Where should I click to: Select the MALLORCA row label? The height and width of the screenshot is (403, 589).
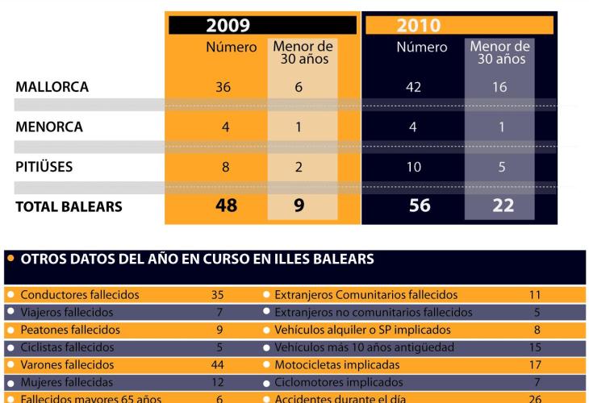[51, 87]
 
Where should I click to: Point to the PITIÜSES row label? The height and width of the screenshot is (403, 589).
[47, 168]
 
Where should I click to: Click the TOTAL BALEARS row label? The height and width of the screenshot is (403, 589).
[69, 206]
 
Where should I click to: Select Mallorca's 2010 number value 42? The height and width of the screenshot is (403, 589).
[413, 87]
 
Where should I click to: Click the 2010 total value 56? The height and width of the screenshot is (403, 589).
[420, 206]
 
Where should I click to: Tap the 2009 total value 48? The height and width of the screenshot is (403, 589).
[227, 206]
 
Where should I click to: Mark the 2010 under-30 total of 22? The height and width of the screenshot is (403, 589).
[503, 206]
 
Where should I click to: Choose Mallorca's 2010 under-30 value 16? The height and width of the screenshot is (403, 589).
[499, 87]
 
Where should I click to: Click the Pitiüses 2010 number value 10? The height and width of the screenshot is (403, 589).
[413, 168]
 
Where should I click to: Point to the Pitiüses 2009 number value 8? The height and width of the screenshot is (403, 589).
[226, 168]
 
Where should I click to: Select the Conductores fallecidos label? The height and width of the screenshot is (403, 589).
[80, 295]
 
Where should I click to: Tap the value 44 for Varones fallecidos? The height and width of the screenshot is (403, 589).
[215, 364]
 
